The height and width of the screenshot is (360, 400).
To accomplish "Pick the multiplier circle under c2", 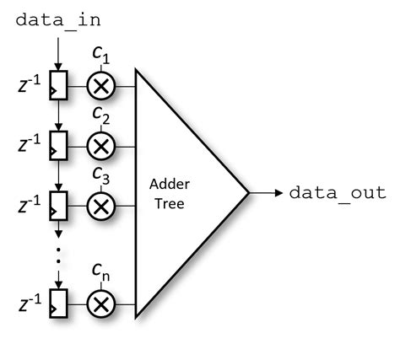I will pyautogui.click(x=101, y=145).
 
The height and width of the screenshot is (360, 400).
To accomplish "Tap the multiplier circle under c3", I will pyautogui.click(x=101, y=205).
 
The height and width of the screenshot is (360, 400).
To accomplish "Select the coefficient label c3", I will pyautogui.click(x=101, y=175).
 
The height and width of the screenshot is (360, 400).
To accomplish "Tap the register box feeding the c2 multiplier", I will pyautogui.click(x=57, y=145).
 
